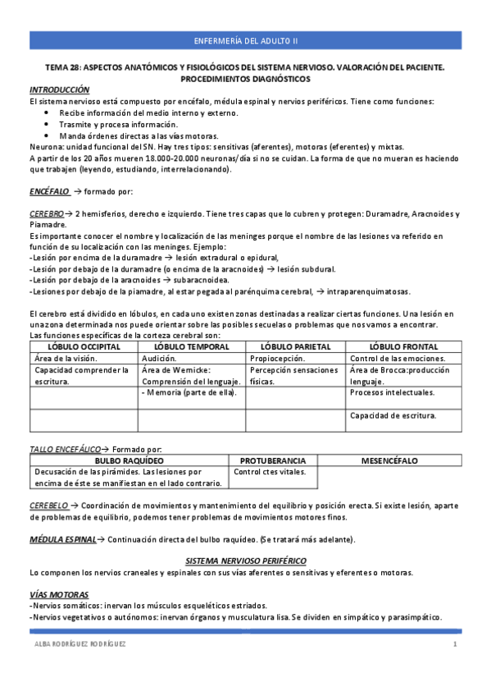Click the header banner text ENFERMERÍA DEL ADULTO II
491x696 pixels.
[x=246, y=40]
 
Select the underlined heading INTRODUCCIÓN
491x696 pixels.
[x=59, y=89]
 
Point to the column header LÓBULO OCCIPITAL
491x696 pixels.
[x=83, y=347]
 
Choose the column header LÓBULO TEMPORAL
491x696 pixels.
[x=192, y=347]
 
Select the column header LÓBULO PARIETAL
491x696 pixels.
[x=297, y=347]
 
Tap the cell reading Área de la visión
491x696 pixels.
[x=66, y=359]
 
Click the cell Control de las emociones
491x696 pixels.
[x=398, y=359]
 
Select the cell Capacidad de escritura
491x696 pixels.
[x=393, y=415]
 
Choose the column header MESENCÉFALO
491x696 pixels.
[x=389, y=461]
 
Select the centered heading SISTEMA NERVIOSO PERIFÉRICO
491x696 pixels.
[x=245, y=560]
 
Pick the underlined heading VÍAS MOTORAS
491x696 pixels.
[x=59, y=593]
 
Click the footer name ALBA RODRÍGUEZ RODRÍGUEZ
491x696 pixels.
[x=79, y=645]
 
